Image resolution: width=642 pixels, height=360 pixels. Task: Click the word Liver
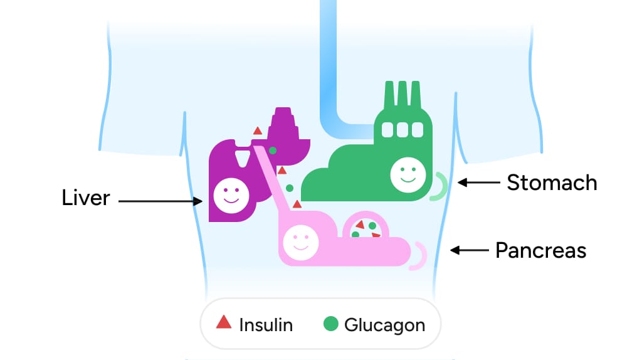[86, 198]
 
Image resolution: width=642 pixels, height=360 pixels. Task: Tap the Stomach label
[552, 183]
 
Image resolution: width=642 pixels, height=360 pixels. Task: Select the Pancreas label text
[540, 251]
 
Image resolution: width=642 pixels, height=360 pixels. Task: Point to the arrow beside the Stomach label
[479, 183]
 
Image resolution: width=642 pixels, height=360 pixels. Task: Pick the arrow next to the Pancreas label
[470, 250]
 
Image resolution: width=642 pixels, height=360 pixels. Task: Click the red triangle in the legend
[224, 323]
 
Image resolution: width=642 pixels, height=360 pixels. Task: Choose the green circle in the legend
[330, 324]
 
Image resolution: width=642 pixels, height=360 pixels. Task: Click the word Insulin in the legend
[266, 325]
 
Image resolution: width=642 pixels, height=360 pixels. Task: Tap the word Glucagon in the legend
[384, 326]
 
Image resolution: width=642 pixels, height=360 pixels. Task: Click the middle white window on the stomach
[402, 130]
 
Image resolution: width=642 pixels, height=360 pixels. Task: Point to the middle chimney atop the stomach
[402, 94]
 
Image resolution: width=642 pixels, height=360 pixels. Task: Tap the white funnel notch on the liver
[241, 156]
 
